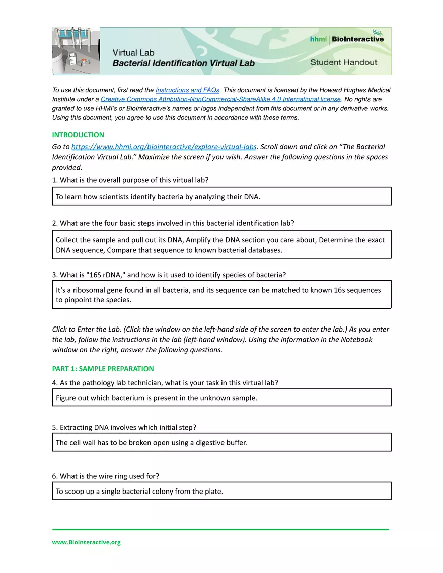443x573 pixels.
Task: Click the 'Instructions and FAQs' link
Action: tap(187, 90)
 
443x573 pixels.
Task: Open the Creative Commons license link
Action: tap(220, 99)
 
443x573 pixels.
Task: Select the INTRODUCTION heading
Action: tap(78, 135)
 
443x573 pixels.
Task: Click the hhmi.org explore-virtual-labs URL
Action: tap(164, 147)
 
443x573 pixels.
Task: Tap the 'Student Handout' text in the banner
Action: tap(343, 62)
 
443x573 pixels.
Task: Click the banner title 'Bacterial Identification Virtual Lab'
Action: tap(183, 63)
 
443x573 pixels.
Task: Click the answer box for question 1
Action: tap(221, 196)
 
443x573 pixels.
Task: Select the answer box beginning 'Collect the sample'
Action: tap(221, 245)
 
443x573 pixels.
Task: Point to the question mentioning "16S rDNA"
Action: tap(173, 275)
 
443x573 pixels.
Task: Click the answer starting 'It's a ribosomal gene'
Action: tap(221, 295)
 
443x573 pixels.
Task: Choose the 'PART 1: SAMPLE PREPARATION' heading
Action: tap(103, 369)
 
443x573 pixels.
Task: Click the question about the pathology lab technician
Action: tap(165, 383)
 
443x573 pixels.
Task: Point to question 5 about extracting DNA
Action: tap(124, 427)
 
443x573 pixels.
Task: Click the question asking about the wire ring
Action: tap(106, 476)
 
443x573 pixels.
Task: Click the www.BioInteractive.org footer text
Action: tap(86, 542)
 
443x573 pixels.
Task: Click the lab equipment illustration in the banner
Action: tap(76, 51)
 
